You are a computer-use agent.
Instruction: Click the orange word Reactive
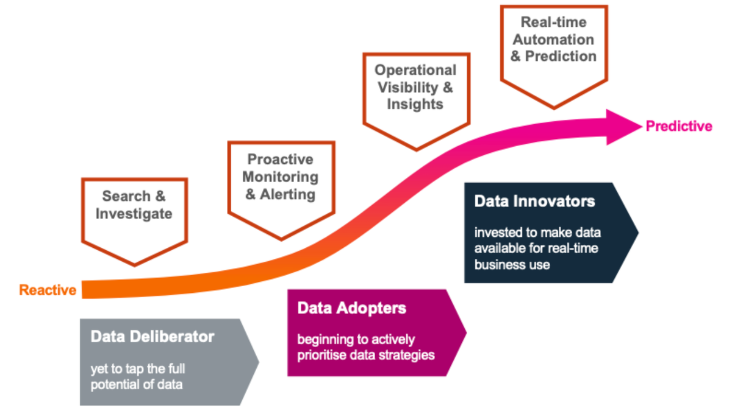48,290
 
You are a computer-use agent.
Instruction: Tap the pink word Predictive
679,126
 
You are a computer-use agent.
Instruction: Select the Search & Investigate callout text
134,205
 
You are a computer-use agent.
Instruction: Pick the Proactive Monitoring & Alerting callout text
281,177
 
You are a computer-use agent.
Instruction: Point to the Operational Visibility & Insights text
415,87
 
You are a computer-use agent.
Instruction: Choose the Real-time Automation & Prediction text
553,39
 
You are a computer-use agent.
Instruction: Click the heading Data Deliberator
152,336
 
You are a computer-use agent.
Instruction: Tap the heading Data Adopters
352,308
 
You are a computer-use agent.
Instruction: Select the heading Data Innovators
534,201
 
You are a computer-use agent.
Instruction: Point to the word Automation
553,40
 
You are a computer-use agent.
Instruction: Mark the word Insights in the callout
415,104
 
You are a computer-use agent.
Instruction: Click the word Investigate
134,214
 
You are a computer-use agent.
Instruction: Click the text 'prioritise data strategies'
366,355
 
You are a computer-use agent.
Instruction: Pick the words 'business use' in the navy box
512,264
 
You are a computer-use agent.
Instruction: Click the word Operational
415,70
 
